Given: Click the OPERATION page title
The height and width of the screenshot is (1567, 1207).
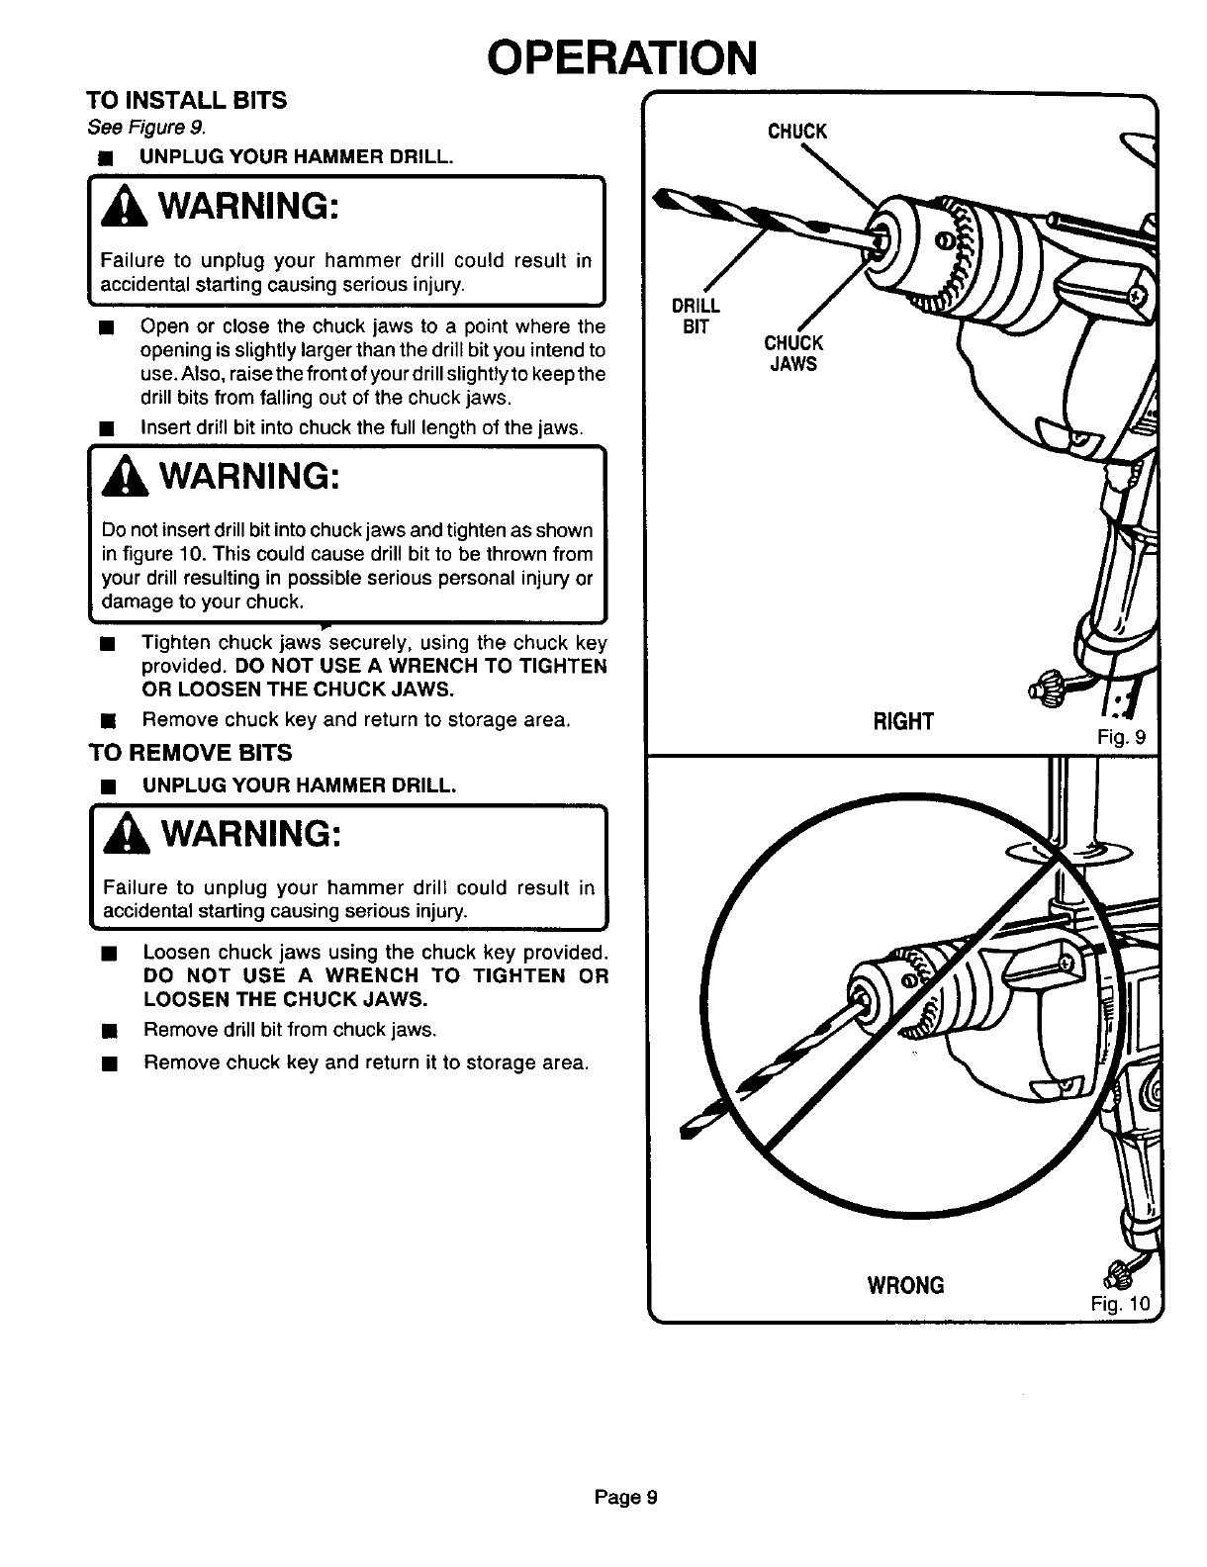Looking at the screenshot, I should (x=623, y=57).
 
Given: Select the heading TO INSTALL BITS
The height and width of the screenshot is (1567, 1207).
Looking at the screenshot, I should (x=186, y=101).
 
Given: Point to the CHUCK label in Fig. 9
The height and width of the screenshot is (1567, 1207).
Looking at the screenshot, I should (x=797, y=133).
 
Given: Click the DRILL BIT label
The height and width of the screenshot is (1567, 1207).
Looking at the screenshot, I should (x=696, y=315).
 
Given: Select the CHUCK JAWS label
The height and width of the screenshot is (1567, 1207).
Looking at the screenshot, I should (x=793, y=353).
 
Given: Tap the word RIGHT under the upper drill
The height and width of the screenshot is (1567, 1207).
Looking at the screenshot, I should (x=903, y=721).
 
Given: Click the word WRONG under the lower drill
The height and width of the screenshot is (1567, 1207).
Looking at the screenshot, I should (x=905, y=1285).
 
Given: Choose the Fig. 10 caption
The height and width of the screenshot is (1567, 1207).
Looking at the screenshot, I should (x=1121, y=1304).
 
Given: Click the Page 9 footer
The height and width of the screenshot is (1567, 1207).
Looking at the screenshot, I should (x=625, y=1497).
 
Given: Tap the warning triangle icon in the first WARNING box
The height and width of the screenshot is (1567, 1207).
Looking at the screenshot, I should (x=116, y=211).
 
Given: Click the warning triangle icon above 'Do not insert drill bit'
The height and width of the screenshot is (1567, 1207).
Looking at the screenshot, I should (x=116, y=480).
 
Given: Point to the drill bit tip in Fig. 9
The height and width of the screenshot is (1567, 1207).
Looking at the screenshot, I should (x=663, y=195).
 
